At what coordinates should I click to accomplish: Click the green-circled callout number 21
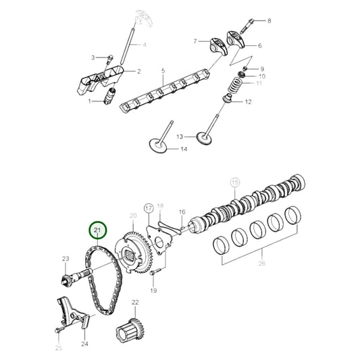click(x=99, y=232)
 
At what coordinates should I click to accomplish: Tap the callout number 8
click(x=269, y=21)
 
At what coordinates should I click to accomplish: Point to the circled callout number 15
click(x=235, y=182)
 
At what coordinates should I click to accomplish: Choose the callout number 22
click(x=135, y=303)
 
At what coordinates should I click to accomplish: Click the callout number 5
click(x=163, y=70)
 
